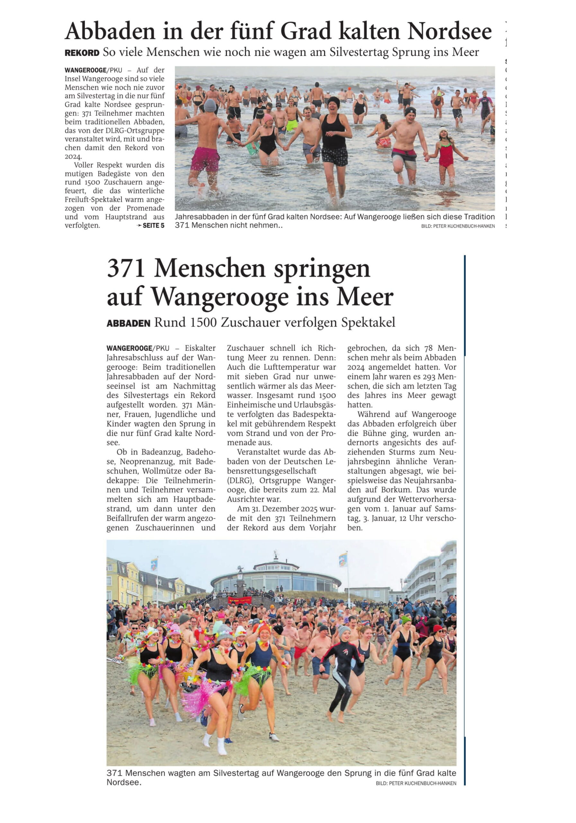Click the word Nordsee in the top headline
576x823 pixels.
(449, 32)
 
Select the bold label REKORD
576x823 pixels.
(82, 53)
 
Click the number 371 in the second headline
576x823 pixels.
(126, 268)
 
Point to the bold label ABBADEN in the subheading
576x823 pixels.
(128, 323)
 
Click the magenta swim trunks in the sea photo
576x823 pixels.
(205, 159)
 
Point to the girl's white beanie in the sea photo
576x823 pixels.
(443, 131)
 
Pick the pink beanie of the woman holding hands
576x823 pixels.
(268, 118)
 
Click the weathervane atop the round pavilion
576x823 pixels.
(275, 555)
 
